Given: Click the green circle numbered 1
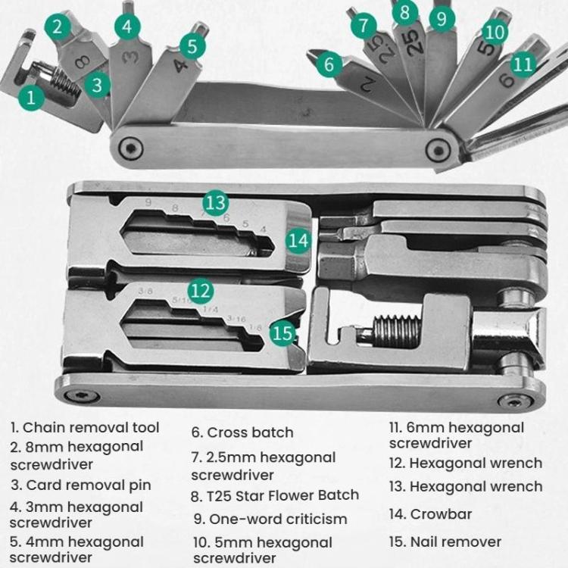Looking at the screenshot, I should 31,97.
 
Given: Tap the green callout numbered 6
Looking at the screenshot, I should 329,64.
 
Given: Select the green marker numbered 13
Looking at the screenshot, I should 216,203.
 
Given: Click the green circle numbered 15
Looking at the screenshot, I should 282,332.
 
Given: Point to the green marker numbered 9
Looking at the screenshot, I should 442,18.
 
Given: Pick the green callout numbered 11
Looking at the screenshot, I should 523,64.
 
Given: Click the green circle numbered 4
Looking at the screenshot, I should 127,27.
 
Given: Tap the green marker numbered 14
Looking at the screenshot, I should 300,241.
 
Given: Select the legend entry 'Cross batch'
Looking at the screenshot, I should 242,432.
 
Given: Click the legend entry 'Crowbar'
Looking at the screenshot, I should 441,514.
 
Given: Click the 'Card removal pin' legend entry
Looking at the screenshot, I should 80,485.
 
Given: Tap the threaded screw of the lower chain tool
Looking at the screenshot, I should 395,332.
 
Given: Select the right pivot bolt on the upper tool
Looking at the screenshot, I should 438,149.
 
